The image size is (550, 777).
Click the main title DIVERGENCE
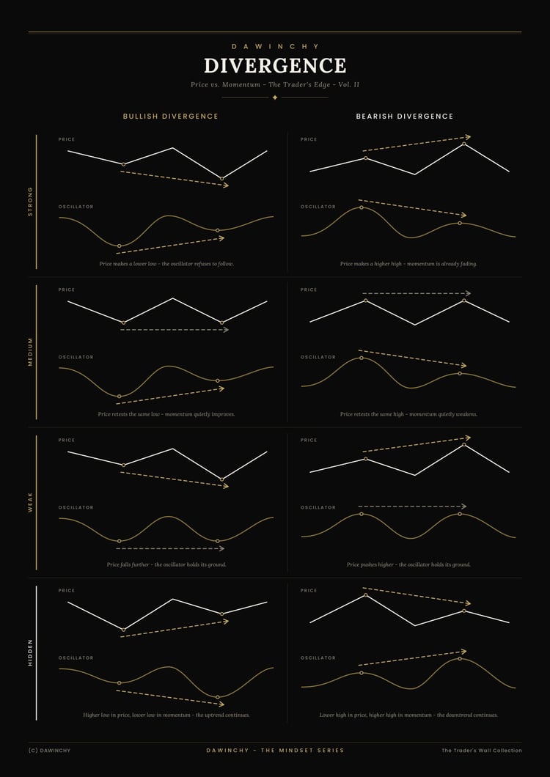pos(275,66)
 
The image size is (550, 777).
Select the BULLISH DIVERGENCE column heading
pos(171,117)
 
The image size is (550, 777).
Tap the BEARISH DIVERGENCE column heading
pos(405,117)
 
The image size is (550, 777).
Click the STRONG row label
pos(30,201)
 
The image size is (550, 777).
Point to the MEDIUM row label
pos(30,352)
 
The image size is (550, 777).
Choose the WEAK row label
pos(30,502)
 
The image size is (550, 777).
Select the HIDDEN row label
pos(30,652)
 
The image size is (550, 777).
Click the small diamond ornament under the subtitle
pos(275,97)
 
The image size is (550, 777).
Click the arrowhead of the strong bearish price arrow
pos(468,137)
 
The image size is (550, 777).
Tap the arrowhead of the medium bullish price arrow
pos(226,330)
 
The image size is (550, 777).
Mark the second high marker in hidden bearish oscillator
pos(460,658)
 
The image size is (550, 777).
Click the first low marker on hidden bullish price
pos(123,630)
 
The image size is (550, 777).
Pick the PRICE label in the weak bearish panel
pos(309,440)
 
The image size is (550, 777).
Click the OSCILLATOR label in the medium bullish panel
pos(76,357)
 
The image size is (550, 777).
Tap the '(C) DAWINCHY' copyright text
pos(50,750)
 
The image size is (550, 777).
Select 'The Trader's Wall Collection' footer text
pos(482,750)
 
